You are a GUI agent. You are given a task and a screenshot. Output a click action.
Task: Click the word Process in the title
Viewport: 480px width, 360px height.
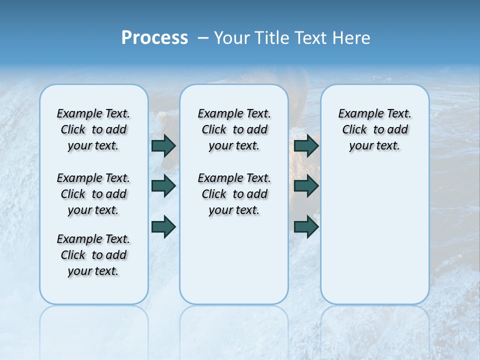pos(154,38)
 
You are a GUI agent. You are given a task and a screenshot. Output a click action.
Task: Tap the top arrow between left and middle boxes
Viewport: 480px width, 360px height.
pos(163,145)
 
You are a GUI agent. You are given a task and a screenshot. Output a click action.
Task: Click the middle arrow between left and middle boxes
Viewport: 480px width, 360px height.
pos(163,186)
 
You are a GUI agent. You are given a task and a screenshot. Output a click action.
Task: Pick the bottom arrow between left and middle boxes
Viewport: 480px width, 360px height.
pos(163,226)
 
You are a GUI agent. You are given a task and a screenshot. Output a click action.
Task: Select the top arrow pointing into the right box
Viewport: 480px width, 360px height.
pos(306,145)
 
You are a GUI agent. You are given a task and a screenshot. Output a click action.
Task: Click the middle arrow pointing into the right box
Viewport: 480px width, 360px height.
pos(306,186)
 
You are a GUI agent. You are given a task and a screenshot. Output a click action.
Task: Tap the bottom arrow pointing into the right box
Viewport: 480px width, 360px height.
pos(306,226)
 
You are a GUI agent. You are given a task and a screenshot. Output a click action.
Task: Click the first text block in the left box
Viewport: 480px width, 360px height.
pos(93,129)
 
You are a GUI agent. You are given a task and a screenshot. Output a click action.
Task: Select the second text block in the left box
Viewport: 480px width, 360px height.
pos(93,194)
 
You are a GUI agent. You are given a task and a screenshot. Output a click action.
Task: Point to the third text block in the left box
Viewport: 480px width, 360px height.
pos(93,255)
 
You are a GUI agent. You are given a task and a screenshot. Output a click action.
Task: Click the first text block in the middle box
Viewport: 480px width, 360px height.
pos(234,129)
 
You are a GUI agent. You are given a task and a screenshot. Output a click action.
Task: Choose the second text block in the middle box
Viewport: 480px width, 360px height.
pos(234,194)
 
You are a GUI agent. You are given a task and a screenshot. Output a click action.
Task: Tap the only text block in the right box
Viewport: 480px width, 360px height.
pos(374,129)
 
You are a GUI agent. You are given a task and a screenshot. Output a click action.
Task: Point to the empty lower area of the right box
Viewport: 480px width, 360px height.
pos(374,235)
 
